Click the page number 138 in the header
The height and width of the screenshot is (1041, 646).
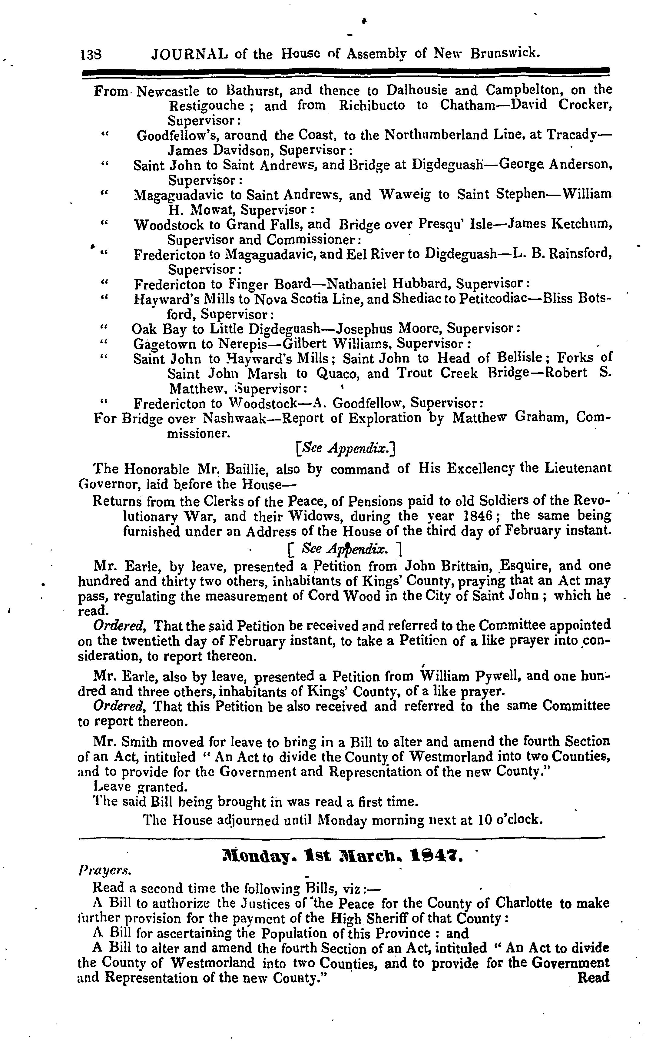(90, 54)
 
